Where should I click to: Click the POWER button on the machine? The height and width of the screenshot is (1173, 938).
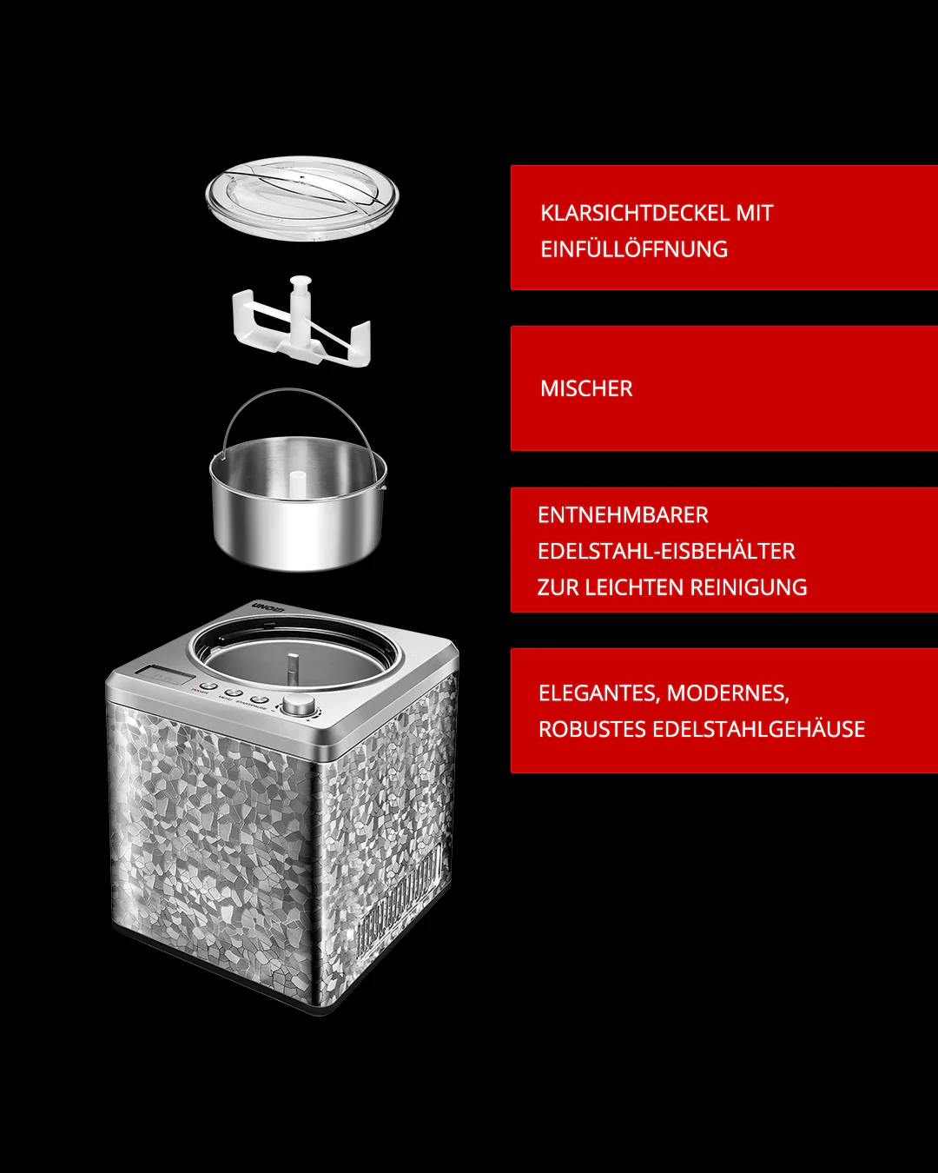(208, 686)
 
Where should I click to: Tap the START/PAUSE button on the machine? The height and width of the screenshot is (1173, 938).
(258, 699)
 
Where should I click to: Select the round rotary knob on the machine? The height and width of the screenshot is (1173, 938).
(298, 705)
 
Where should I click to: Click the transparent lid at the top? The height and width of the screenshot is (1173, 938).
(301, 196)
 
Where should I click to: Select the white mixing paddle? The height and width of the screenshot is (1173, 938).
(300, 326)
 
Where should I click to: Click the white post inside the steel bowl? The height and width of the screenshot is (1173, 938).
(297, 484)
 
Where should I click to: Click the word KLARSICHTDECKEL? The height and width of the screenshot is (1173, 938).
(634, 213)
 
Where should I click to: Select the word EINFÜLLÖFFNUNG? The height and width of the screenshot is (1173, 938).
(634, 249)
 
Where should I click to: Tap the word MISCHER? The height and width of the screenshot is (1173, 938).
(586, 388)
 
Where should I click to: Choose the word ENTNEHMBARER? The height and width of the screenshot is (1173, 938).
(623, 515)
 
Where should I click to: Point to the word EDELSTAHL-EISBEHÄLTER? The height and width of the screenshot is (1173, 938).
(666, 551)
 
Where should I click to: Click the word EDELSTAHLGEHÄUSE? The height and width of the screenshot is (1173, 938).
(758, 729)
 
